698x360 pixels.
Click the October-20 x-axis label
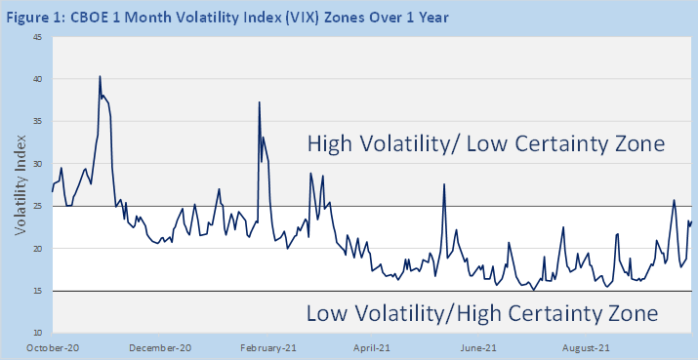(x=47, y=348)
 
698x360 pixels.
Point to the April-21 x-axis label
(x=371, y=348)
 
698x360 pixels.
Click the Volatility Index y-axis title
(x=21, y=184)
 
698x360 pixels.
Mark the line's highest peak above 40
(x=100, y=76)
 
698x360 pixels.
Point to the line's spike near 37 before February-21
(x=259, y=102)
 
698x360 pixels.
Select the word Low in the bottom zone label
(x=327, y=313)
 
